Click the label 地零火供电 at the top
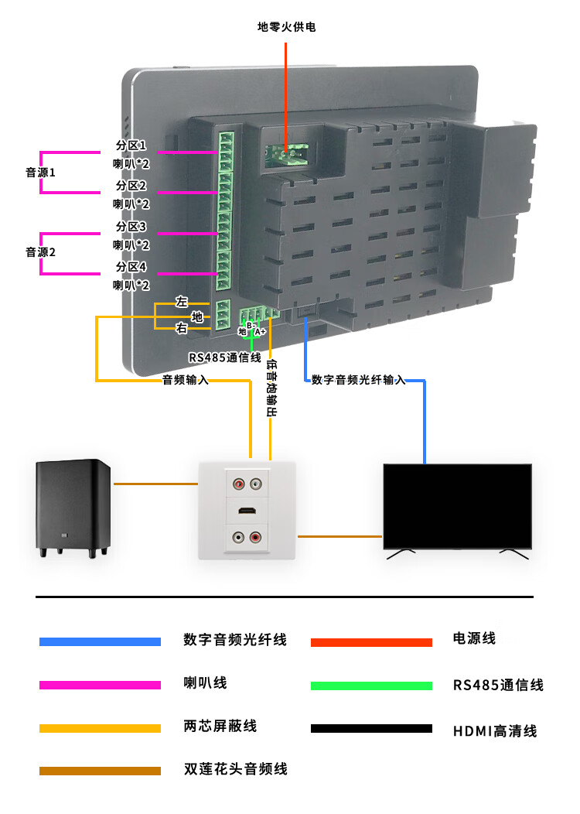click(286, 27)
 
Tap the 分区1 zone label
click(131, 145)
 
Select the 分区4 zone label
click(131, 267)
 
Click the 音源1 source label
click(40, 173)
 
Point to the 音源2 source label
click(40, 252)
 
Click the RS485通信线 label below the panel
click(225, 357)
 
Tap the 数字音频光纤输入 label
click(358, 380)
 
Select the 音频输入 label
click(185, 380)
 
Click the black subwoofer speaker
click(73, 506)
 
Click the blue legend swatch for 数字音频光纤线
click(100, 641)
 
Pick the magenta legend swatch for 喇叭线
click(100, 685)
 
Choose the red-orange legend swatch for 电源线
click(371, 642)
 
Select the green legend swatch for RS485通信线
click(371, 686)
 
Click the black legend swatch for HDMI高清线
click(371, 728)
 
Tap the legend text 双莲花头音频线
click(235, 769)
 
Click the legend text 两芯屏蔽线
click(220, 727)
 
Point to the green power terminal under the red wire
click(284, 154)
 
